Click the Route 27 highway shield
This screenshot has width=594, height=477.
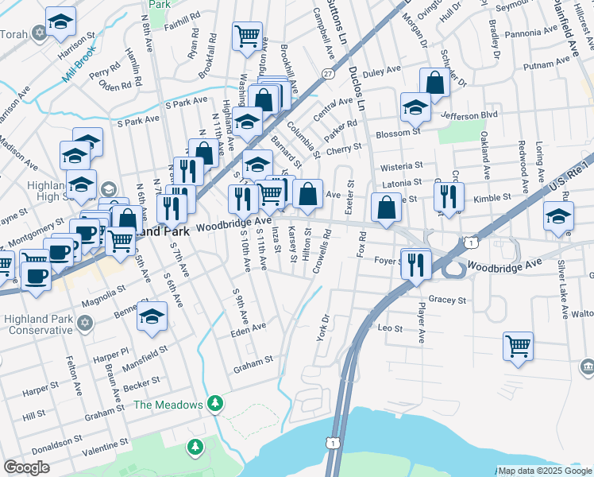[x=328, y=73]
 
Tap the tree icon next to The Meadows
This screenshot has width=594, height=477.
[x=214, y=405]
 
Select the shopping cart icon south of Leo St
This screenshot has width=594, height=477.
[x=518, y=346]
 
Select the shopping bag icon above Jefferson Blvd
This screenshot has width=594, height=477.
[x=435, y=82]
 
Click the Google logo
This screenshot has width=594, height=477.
[x=26, y=467]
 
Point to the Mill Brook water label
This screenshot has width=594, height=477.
[x=79, y=66]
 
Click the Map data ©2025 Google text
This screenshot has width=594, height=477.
[x=545, y=471]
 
